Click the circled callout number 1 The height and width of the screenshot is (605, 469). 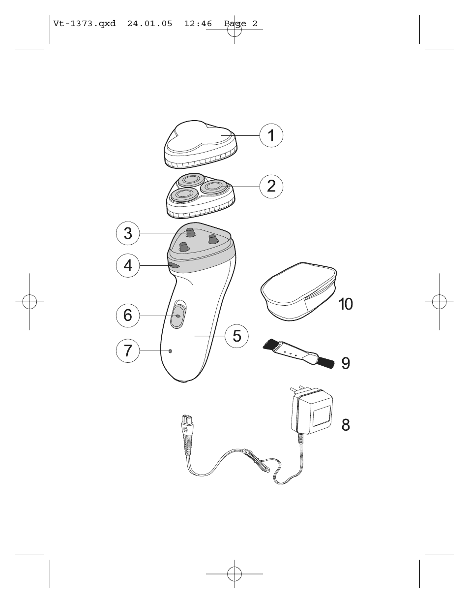pyautogui.click(x=271, y=135)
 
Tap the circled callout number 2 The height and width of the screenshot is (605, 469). pyautogui.click(x=271, y=186)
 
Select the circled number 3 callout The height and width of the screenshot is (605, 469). pyautogui.click(x=128, y=233)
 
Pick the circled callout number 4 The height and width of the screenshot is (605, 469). pyautogui.click(x=128, y=266)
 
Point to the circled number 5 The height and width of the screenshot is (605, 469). pyautogui.click(x=236, y=336)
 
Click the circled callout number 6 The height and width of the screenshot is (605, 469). pyautogui.click(x=128, y=316)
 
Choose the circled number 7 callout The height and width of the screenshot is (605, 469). pyautogui.click(x=128, y=350)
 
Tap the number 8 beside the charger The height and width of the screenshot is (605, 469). pyautogui.click(x=346, y=425)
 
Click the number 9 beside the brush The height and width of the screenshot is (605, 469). pyautogui.click(x=346, y=363)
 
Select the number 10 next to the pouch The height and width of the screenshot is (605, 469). pyautogui.click(x=346, y=304)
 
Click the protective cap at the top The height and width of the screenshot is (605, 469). pyautogui.click(x=201, y=144)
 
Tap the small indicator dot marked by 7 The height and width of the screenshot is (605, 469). pyautogui.click(x=170, y=351)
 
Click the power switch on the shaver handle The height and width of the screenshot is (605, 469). pyautogui.click(x=177, y=316)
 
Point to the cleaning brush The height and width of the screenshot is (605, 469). pyautogui.click(x=298, y=353)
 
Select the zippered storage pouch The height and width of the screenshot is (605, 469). pyautogui.click(x=298, y=291)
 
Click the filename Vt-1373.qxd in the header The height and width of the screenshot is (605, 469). pyautogui.click(x=84, y=24)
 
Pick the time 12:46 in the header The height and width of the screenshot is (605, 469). pyautogui.click(x=198, y=24)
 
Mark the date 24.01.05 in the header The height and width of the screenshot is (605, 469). pyautogui.click(x=150, y=24)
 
